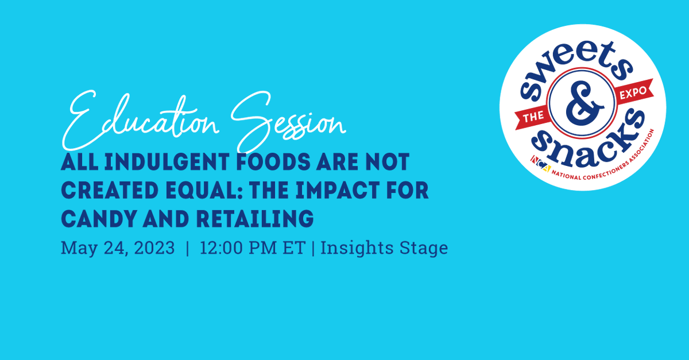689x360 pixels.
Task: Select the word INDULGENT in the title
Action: tap(149, 162)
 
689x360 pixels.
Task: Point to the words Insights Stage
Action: tap(384, 248)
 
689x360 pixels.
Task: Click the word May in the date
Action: tap(76, 248)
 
